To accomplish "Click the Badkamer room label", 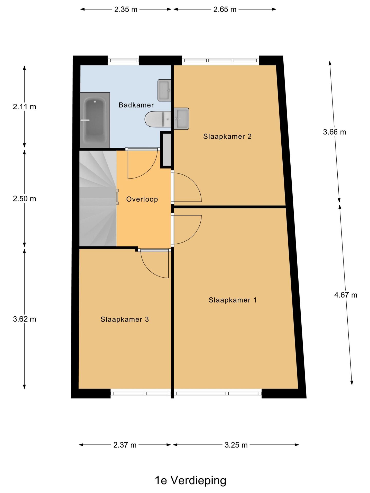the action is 136,105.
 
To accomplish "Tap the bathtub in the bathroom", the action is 95,120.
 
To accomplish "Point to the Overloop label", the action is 142,199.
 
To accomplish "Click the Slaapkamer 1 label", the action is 233,300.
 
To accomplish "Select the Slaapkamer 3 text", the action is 125,319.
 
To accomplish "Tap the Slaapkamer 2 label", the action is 227,136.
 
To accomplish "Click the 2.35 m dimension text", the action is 126,10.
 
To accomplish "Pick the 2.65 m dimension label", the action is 225,10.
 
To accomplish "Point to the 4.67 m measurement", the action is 346,295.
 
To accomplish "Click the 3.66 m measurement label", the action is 335,132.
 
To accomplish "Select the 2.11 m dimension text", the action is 24,107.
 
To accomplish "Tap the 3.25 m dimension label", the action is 236,445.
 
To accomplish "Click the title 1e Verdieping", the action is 190,480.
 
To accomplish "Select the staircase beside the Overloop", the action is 98,198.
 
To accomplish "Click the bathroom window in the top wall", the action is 123,61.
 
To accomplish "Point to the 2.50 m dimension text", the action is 24,199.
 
